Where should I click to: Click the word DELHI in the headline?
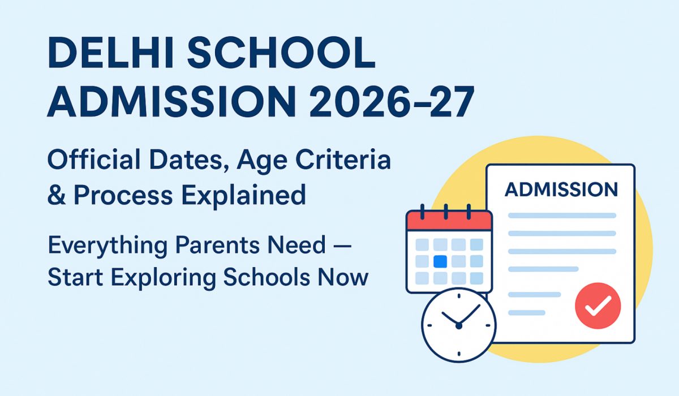point(111,53)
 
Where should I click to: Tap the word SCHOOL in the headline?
point(281,53)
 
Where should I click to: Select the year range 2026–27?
point(392,101)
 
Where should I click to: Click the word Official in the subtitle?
point(94,159)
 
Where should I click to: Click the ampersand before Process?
point(57,195)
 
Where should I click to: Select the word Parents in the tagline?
point(218,245)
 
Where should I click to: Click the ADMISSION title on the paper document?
point(561,190)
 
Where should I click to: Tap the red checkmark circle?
point(598,305)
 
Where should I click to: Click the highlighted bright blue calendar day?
point(440,261)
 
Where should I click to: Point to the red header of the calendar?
point(449,221)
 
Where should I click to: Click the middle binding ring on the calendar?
point(446,212)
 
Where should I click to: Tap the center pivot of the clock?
point(459,326)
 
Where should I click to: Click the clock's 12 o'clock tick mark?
point(459,296)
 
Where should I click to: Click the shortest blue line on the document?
point(527,313)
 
